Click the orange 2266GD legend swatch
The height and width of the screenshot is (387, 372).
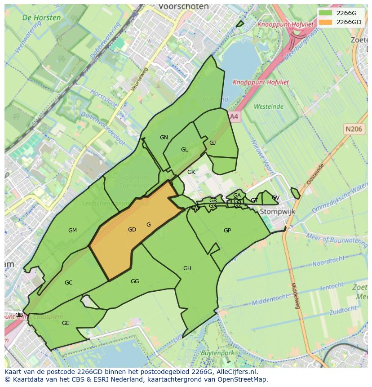pos(326,22)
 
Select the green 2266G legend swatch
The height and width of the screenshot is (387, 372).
pos(326,13)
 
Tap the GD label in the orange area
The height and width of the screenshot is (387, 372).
pos(132,230)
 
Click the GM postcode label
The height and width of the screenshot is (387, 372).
pos(72,231)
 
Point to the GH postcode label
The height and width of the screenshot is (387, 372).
pos(187,268)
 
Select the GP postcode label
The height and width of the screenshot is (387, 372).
pos(227,231)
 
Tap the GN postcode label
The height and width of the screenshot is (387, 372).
pos(164,138)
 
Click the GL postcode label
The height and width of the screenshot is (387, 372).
pos(185,150)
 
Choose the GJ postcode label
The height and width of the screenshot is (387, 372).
pos(213,143)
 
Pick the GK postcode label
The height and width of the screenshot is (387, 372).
pos(191,172)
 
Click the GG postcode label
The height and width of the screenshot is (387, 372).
pos(135,281)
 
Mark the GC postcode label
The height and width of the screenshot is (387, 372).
pos(68,283)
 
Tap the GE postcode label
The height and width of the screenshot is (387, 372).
pos(66,323)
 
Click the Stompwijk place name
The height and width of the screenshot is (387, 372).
pos(274,211)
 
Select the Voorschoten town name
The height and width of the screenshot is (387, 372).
pos(184,7)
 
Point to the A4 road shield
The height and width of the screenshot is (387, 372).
pos(234,116)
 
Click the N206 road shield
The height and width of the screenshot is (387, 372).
pos(354,129)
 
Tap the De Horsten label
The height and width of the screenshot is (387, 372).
pos(41,18)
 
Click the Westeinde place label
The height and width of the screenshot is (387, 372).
pos(269,107)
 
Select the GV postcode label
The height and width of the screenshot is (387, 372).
pos(275,198)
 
